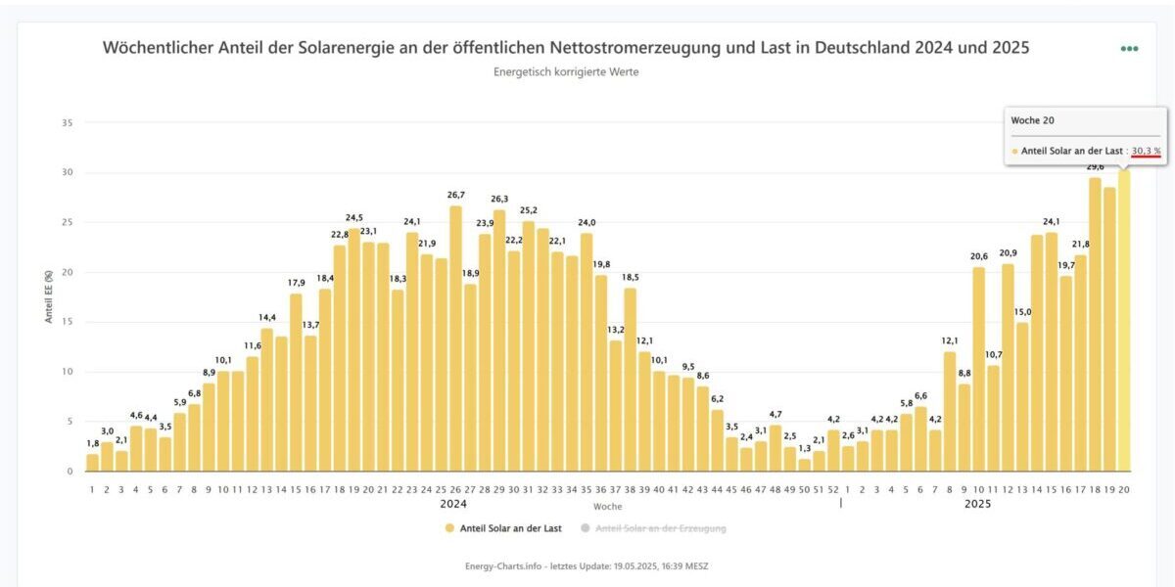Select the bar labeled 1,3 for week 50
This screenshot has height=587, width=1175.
coord(805,465)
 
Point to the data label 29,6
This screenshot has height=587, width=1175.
coord(1095,167)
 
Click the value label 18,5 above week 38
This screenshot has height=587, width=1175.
coord(630,278)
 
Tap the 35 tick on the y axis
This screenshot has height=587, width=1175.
coord(67,122)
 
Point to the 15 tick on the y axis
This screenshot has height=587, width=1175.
coord(67,322)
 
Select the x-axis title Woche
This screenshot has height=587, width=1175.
coord(607,507)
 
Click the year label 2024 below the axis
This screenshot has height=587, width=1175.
coord(453,505)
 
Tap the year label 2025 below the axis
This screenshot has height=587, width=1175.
coord(977,505)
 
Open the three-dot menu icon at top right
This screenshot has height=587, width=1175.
coord(1129,48)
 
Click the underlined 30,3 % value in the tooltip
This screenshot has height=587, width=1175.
coord(1146,151)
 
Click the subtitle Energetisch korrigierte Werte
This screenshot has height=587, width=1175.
coord(566,71)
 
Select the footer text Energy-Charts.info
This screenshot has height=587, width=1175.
coord(503,566)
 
